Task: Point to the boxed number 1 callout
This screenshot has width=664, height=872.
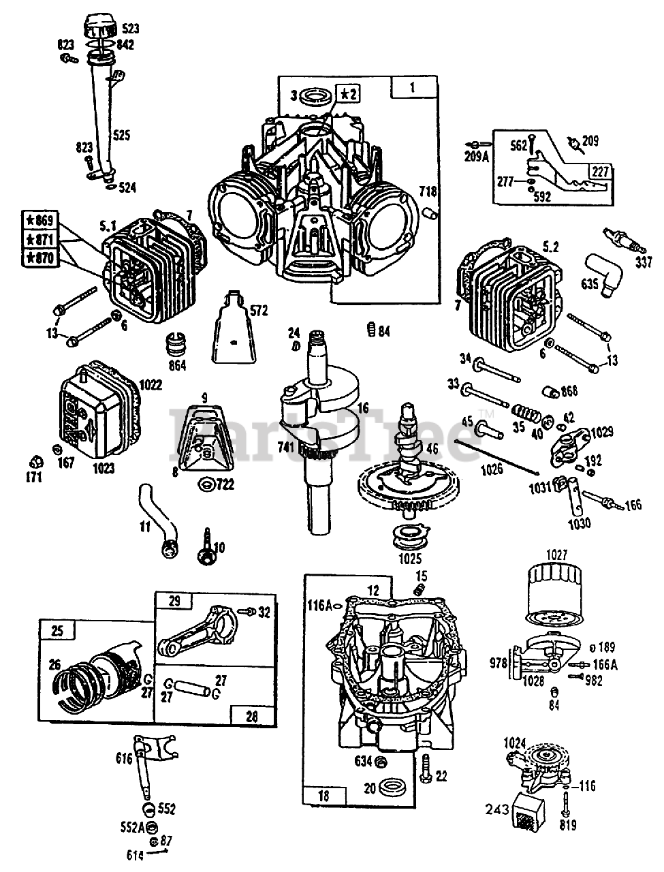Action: (x=411, y=87)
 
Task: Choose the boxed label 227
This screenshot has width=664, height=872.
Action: (x=600, y=172)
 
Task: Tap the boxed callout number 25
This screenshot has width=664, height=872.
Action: (x=57, y=631)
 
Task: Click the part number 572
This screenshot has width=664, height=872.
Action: (x=259, y=311)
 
